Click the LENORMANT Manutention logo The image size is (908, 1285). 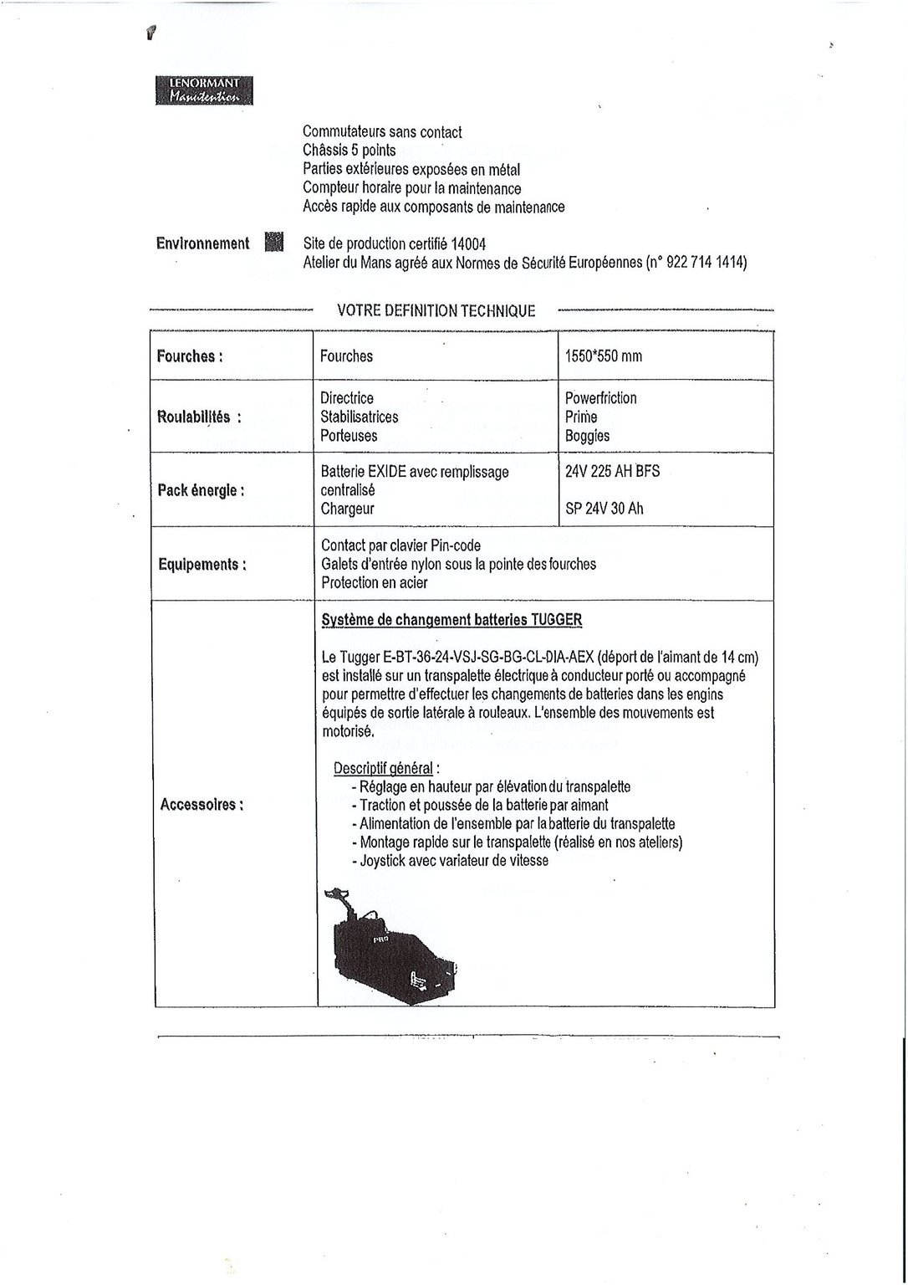[204, 90]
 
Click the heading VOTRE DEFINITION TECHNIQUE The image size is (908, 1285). [436, 310]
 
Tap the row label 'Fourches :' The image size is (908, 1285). [190, 356]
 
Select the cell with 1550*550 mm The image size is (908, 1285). [604, 356]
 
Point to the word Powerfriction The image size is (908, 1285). [600, 398]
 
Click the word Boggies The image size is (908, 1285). [587, 436]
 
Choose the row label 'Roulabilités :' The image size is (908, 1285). [199, 417]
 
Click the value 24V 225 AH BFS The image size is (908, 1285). [612, 472]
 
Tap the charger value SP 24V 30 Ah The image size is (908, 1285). [604, 509]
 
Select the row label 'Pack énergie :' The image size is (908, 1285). [201, 490]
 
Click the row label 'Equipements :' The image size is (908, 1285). [202, 565]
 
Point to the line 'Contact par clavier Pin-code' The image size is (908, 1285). [400, 546]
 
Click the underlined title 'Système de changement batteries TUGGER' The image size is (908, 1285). [451, 620]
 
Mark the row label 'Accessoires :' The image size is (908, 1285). [201, 805]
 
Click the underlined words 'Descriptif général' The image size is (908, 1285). [383, 768]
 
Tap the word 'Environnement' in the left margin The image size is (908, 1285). [202, 243]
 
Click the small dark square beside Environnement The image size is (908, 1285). [274, 242]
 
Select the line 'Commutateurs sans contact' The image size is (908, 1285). [382, 132]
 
